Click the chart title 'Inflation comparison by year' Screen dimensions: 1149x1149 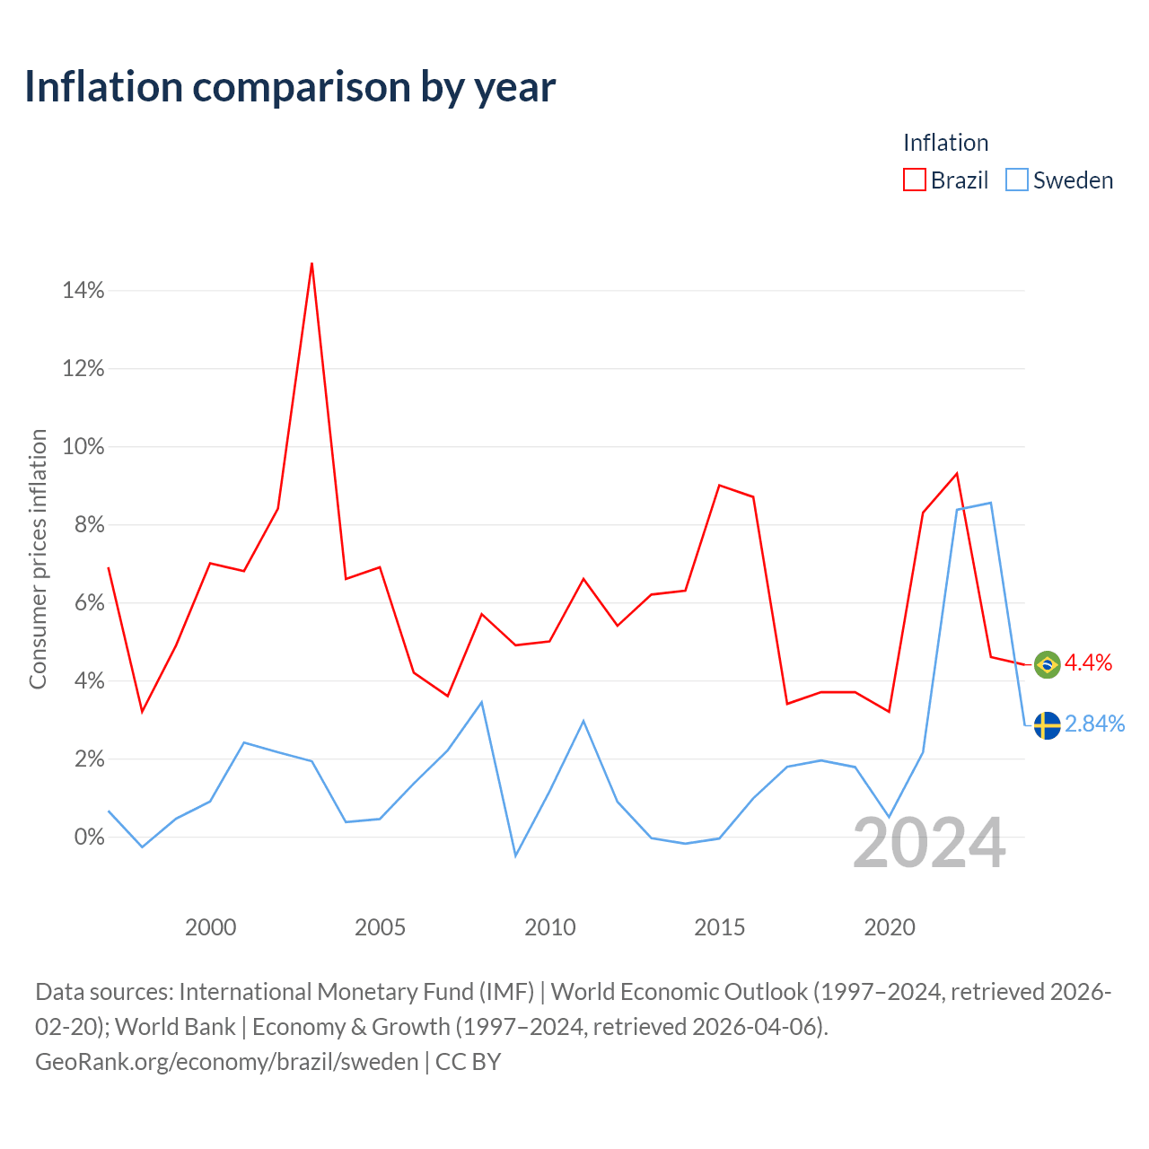click(x=290, y=88)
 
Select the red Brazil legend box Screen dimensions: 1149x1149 click(x=914, y=180)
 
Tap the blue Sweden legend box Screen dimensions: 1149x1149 click(x=1017, y=180)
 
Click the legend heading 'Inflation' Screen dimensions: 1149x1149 click(x=945, y=143)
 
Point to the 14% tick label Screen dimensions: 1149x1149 click(x=83, y=290)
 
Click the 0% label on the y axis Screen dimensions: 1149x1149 click(x=90, y=838)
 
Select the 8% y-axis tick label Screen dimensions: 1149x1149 click(x=90, y=525)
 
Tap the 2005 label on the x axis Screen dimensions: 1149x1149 click(x=380, y=928)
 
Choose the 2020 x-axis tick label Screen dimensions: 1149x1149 click(x=889, y=928)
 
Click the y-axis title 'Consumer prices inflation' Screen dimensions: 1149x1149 click(x=39, y=558)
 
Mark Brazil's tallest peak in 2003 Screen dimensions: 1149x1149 click(x=311, y=264)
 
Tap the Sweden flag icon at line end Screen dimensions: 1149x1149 click(x=1047, y=725)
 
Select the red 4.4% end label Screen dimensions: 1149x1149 click(x=1088, y=663)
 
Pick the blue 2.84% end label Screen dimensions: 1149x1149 click(x=1095, y=724)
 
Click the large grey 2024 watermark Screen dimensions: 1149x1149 click(x=930, y=843)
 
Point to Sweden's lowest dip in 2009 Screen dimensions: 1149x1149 click(x=516, y=856)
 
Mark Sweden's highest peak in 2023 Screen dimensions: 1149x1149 click(x=990, y=504)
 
